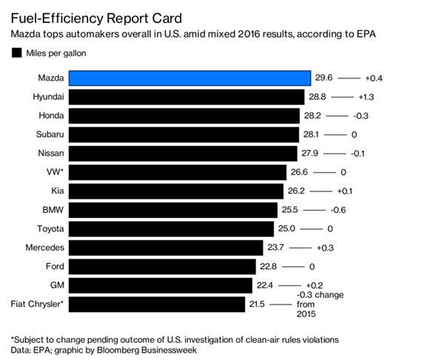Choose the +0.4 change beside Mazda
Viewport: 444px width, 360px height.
(x=374, y=77)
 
